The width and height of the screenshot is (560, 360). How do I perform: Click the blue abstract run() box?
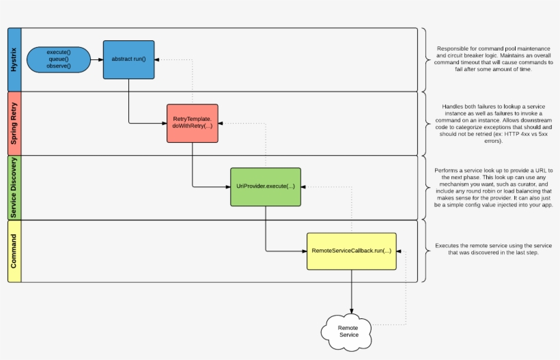128,59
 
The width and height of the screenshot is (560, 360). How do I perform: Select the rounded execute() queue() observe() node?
59,59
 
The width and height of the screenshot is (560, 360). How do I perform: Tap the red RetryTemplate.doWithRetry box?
192,123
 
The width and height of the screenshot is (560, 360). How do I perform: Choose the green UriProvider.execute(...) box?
265,186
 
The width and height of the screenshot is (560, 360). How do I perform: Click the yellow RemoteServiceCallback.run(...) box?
352,251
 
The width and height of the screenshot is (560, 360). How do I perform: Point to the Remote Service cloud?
348,331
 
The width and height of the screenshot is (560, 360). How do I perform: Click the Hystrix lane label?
14,59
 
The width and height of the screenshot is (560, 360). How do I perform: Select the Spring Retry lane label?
14,123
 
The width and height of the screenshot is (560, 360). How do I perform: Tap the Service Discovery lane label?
14,187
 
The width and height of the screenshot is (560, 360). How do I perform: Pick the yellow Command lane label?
14,251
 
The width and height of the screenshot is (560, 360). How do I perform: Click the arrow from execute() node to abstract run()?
96,59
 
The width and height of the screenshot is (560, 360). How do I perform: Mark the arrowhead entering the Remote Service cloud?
352,311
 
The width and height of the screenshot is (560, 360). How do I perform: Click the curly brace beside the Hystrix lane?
425,59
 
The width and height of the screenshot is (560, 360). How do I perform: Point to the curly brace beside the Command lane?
425,251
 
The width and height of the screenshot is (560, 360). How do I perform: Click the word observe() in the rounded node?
59,66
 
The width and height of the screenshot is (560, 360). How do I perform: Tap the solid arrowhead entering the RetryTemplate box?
164,123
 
